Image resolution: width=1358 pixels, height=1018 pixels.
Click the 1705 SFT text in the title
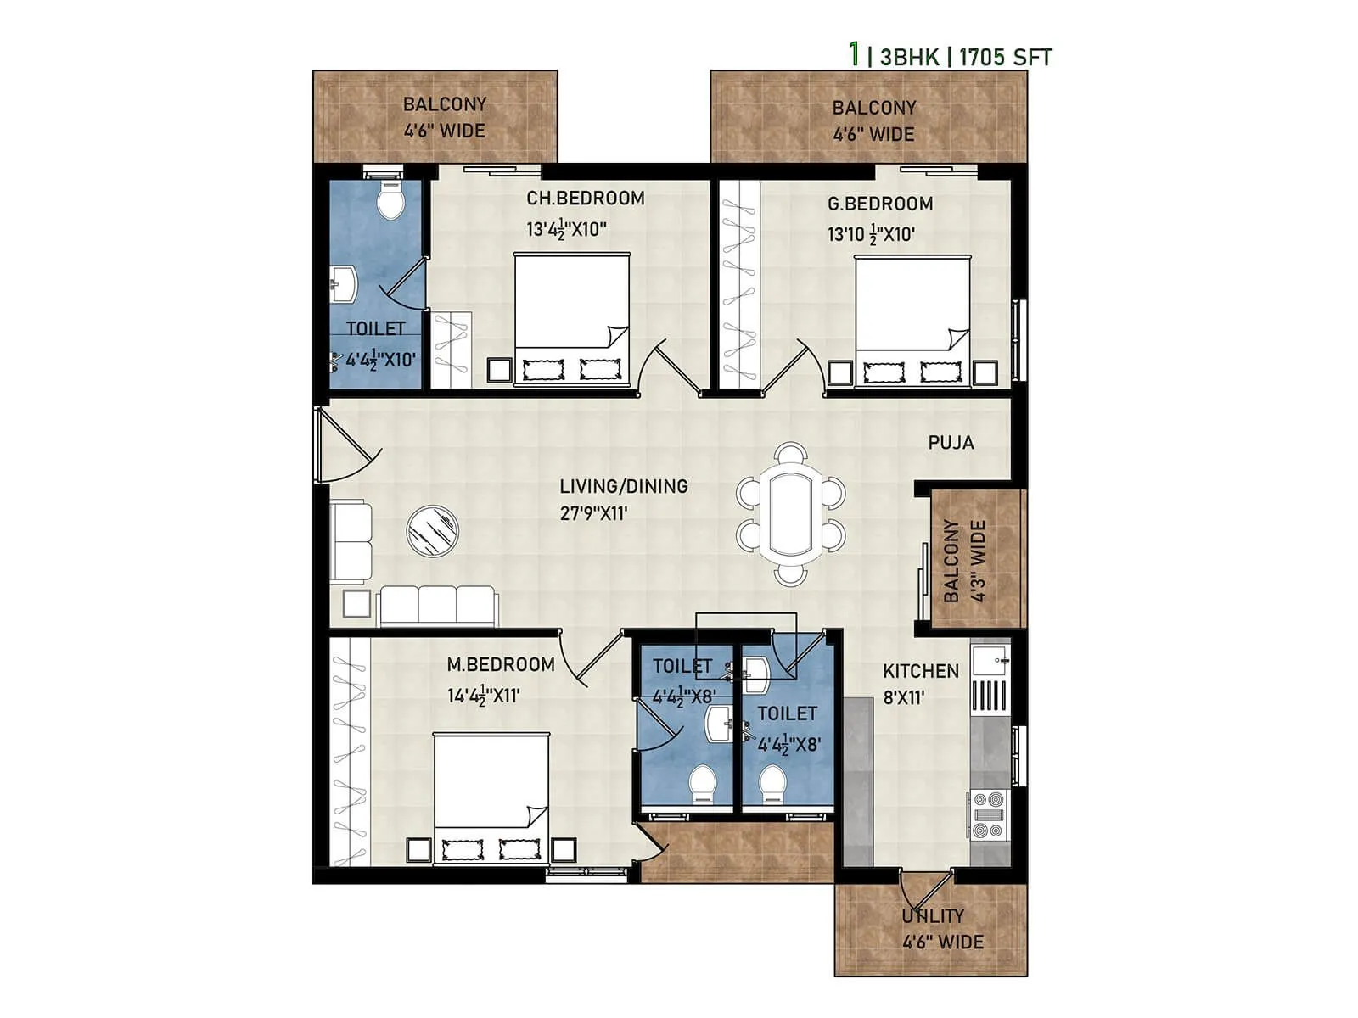[x=1006, y=58]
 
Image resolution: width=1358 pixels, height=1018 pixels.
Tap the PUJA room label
[x=951, y=443]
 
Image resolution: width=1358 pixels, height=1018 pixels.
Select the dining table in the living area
[x=790, y=514]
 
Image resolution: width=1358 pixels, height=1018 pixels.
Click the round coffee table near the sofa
[x=432, y=531]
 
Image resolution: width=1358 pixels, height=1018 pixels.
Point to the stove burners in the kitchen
[x=988, y=815]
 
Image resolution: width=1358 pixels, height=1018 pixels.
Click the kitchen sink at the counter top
[x=990, y=660]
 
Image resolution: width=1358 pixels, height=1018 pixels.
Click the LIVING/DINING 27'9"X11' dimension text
[x=593, y=513]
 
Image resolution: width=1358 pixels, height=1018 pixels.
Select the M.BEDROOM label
[x=501, y=665]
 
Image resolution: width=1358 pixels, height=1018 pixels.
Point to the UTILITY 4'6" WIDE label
[x=941, y=929]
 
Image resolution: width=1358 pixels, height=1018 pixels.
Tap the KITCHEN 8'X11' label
[x=920, y=684]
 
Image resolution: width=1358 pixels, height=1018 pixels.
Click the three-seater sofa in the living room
[x=437, y=605]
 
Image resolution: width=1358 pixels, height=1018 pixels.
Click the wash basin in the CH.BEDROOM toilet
[x=344, y=284]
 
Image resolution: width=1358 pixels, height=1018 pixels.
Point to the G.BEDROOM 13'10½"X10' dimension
[x=871, y=234]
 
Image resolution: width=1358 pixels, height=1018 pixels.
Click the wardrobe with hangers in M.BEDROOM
[x=349, y=751]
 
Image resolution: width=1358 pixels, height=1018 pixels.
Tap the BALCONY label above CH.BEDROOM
[x=444, y=104]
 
